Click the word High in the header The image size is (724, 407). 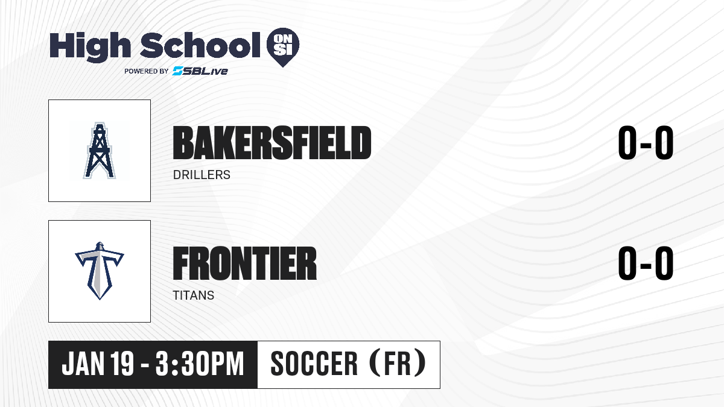coord(90,47)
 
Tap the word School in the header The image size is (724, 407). coord(200,45)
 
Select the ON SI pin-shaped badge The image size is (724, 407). coord(283,47)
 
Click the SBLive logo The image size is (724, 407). coord(200,71)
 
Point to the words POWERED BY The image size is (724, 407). coord(147,71)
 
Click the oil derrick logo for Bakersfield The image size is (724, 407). coord(99,151)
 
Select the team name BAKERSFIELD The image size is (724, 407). coord(272,143)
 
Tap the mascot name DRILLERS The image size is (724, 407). coord(202,175)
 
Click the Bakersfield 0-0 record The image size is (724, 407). coord(646,142)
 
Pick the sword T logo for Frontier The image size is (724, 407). coord(100,271)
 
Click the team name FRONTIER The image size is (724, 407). coord(245,263)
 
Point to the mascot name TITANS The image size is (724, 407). coord(193,295)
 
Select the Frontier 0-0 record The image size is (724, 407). coord(646,263)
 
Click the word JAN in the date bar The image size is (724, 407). coord(83,364)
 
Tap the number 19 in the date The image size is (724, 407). coord(122,364)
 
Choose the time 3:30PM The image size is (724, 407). coord(200,364)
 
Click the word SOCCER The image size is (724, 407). coord(314,364)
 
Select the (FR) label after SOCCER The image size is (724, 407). coord(398,363)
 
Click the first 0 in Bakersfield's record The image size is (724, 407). coord(627,142)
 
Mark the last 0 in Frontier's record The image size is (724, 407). coord(664,263)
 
